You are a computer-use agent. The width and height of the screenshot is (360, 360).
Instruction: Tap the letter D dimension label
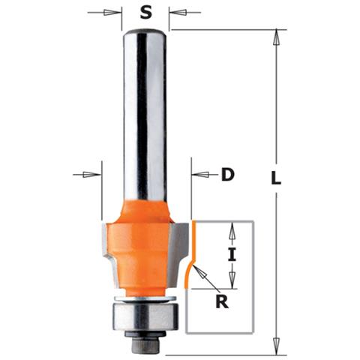(228, 175)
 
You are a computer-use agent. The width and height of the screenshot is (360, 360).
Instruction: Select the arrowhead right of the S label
(174, 12)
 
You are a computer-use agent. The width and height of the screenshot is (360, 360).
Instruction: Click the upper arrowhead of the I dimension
(232, 226)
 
